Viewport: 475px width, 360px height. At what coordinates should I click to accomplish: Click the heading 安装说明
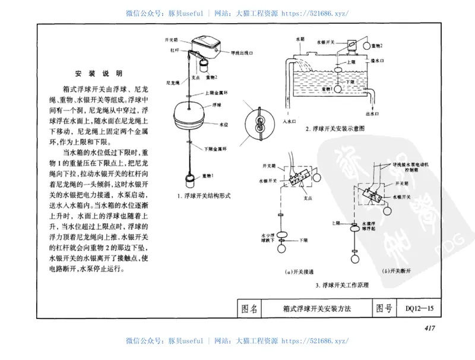point(98,74)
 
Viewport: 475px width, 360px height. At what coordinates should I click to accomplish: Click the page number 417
point(430,329)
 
